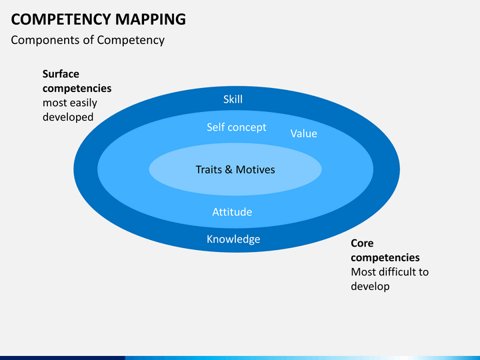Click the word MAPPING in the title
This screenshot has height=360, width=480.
[x=151, y=19]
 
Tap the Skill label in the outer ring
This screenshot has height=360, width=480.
[x=233, y=99]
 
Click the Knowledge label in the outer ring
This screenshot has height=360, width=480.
[x=233, y=239]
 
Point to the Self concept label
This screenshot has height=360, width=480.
[x=236, y=127]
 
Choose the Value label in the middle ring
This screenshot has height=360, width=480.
[x=304, y=133]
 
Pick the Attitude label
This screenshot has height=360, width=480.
[x=233, y=212]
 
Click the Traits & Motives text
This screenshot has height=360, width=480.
[x=235, y=169]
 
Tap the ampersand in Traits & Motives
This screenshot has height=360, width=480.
[x=229, y=169]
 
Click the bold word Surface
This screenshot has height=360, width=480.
[x=61, y=74]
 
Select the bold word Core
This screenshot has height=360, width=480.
[x=362, y=243]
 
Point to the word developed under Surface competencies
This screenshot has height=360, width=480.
[x=68, y=117]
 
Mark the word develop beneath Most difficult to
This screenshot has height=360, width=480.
[x=370, y=287]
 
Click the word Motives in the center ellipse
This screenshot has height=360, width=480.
[x=255, y=169]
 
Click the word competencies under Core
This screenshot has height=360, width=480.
[x=385, y=258]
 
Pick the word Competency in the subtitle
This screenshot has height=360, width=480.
[x=131, y=41]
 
